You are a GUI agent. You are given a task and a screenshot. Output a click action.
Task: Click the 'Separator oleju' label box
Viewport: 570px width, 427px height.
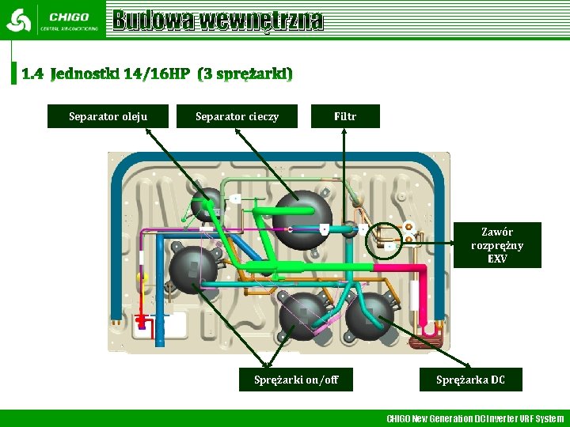click(108, 116)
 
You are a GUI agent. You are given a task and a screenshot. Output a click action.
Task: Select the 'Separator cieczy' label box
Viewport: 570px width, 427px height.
click(237, 116)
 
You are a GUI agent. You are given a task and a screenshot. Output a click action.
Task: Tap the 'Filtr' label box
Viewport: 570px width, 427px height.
click(345, 116)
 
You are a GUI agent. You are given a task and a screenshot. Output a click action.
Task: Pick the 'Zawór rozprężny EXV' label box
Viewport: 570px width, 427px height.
click(497, 245)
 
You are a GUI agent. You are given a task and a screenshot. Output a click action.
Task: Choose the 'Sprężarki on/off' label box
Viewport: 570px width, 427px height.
click(295, 380)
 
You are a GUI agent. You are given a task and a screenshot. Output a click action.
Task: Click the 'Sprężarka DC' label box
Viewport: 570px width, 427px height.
click(469, 380)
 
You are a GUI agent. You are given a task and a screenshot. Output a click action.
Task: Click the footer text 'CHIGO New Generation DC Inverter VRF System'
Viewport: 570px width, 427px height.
click(474, 418)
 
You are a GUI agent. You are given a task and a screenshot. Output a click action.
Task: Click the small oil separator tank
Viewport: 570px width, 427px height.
click(207, 202)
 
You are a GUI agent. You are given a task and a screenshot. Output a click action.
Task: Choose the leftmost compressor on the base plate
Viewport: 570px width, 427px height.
click(193, 270)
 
